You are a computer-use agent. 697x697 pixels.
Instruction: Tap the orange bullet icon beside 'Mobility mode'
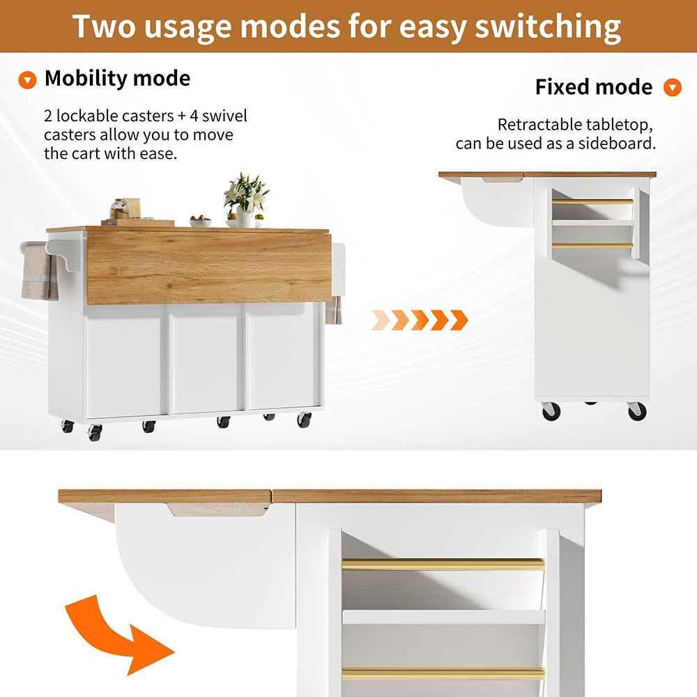[27, 80]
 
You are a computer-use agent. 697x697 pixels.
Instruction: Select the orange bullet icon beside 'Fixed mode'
[672, 88]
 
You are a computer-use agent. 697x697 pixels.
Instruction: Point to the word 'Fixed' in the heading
[561, 86]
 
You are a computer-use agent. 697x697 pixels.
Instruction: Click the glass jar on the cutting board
[119, 209]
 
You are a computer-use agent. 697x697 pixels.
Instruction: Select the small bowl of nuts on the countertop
[200, 221]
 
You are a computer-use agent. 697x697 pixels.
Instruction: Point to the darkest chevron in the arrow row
[459, 320]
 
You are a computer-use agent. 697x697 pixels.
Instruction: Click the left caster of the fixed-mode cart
[551, 411]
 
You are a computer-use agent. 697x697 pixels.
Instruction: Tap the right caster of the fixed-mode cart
[637, 411]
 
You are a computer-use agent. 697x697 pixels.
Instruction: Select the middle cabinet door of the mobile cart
[205, 358]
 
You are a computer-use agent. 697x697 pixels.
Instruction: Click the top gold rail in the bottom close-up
[443, 565]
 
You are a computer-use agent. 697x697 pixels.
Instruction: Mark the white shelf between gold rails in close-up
[443, 617]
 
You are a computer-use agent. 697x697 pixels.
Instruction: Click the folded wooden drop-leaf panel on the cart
[209, 266]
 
